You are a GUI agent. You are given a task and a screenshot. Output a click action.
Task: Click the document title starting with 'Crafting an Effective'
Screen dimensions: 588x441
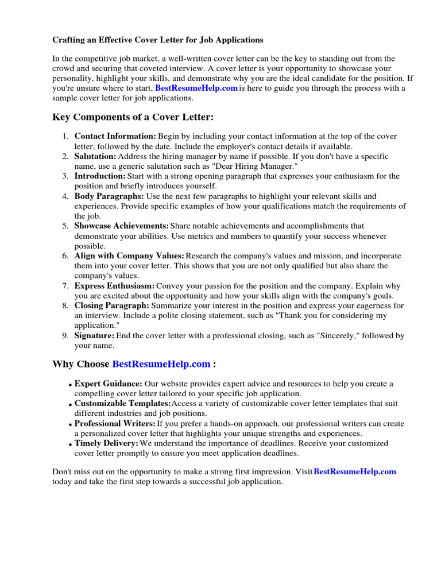tap(158, 40)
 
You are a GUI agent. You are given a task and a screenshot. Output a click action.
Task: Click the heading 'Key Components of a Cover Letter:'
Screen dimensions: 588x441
tap(133, 117)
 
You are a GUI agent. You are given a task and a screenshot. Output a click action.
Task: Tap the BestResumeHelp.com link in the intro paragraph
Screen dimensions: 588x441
tap(196, 88)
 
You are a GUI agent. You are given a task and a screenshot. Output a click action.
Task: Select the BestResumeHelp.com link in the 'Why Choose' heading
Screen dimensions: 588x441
tap(161, 364)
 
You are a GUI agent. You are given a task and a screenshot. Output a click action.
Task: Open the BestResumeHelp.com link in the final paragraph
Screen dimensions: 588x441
tap(355, 471)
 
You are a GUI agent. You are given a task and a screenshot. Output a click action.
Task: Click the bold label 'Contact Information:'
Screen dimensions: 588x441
tap(115, 137)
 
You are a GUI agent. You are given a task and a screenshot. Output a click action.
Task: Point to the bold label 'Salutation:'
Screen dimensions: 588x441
tap(95, 156)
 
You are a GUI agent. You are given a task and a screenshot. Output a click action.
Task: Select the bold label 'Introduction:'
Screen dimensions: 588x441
tap(100, 176)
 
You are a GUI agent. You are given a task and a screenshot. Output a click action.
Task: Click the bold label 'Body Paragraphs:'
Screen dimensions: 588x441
tap(109, 196)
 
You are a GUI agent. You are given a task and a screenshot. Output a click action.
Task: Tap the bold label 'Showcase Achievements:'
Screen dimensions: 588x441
tap(122, 226)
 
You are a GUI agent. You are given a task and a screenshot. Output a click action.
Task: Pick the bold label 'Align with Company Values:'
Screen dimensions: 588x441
tap(130, 256)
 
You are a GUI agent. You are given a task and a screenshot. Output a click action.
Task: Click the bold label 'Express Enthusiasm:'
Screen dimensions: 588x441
tap(114, 286)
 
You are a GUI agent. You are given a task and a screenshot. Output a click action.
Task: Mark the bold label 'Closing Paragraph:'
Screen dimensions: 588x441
tap(112, 305)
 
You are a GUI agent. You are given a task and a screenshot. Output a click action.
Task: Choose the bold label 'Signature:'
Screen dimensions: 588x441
tap(94, 335)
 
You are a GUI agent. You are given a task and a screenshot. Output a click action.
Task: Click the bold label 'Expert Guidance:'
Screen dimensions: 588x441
tap(109, 384)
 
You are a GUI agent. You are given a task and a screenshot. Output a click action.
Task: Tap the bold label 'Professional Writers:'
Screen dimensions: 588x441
tap(115, 424)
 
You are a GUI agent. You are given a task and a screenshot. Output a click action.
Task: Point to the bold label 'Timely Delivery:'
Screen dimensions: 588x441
tap(106, 444)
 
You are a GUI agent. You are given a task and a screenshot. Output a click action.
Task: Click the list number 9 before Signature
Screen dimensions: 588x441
tap(65, 335)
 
